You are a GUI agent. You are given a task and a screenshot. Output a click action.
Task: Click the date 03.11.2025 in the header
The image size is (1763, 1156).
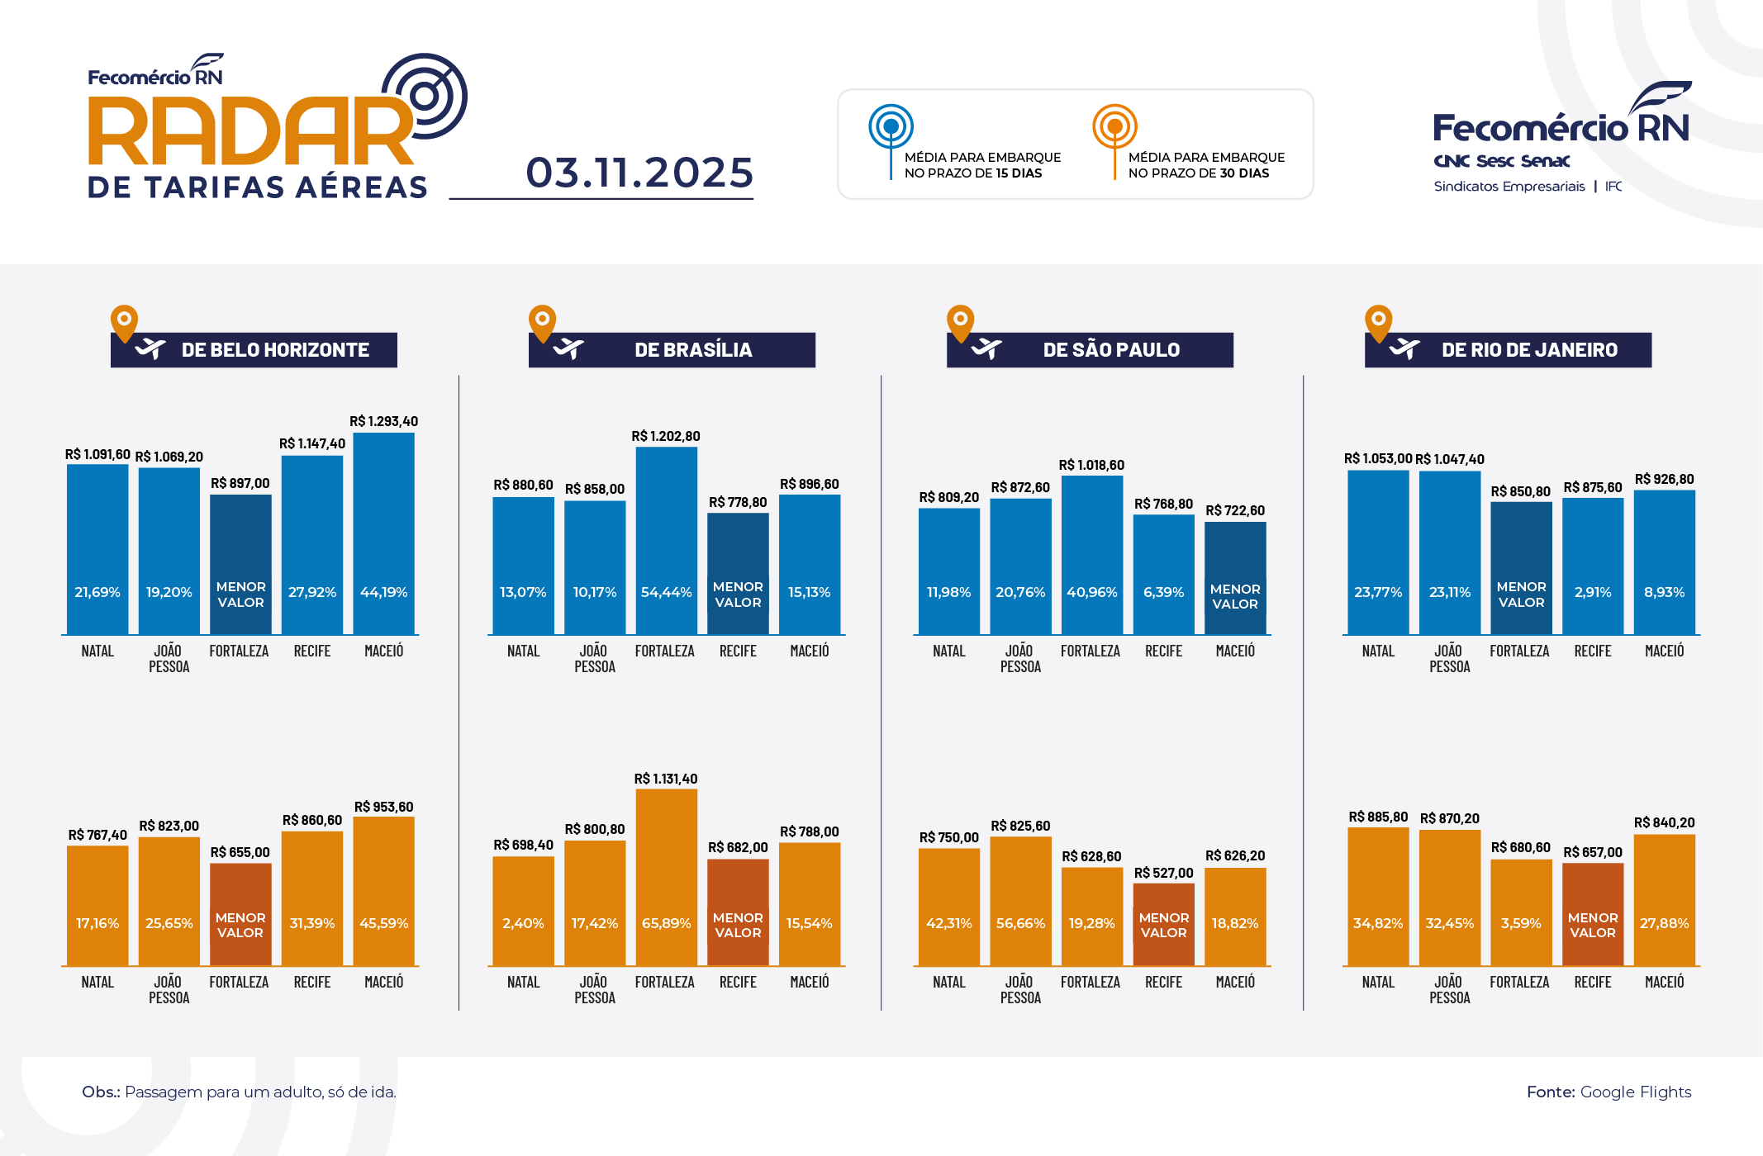tap(639, 173)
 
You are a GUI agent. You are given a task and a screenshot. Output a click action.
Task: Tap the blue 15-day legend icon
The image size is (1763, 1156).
tap(891, 127)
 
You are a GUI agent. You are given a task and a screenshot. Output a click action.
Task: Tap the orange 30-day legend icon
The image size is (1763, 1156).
tap(1114, 127)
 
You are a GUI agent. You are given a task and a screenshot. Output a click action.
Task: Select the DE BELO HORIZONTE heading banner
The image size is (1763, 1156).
tap(254, 350)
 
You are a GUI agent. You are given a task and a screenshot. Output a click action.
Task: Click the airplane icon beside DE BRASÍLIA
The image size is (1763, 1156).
tap(568, 349)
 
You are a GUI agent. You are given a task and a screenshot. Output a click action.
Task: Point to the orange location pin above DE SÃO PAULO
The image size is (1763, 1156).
tap(960, 321)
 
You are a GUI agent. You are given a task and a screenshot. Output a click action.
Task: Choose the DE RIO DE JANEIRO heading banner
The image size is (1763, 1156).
tap(1509, 350)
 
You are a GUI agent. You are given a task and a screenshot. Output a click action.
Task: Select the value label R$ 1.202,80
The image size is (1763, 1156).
tap(665, 436)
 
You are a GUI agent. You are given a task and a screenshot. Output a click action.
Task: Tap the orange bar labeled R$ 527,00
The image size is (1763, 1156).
tap(1163, 924)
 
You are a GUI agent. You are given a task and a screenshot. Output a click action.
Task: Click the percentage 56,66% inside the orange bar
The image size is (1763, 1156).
tap(1020, 923)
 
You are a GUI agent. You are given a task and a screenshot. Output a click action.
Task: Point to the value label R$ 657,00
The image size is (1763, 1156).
tap(1592, 852)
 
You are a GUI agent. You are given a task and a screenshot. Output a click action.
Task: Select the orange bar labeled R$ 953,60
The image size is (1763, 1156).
tap(384, 891)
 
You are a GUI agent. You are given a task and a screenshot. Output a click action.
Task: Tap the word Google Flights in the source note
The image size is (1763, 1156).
tap(1635, 1092)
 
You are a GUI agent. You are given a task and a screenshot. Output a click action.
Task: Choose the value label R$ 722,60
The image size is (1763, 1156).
tap(1234, 510)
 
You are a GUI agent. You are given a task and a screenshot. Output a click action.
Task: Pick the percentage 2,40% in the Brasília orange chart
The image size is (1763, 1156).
tap(523, 923)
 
